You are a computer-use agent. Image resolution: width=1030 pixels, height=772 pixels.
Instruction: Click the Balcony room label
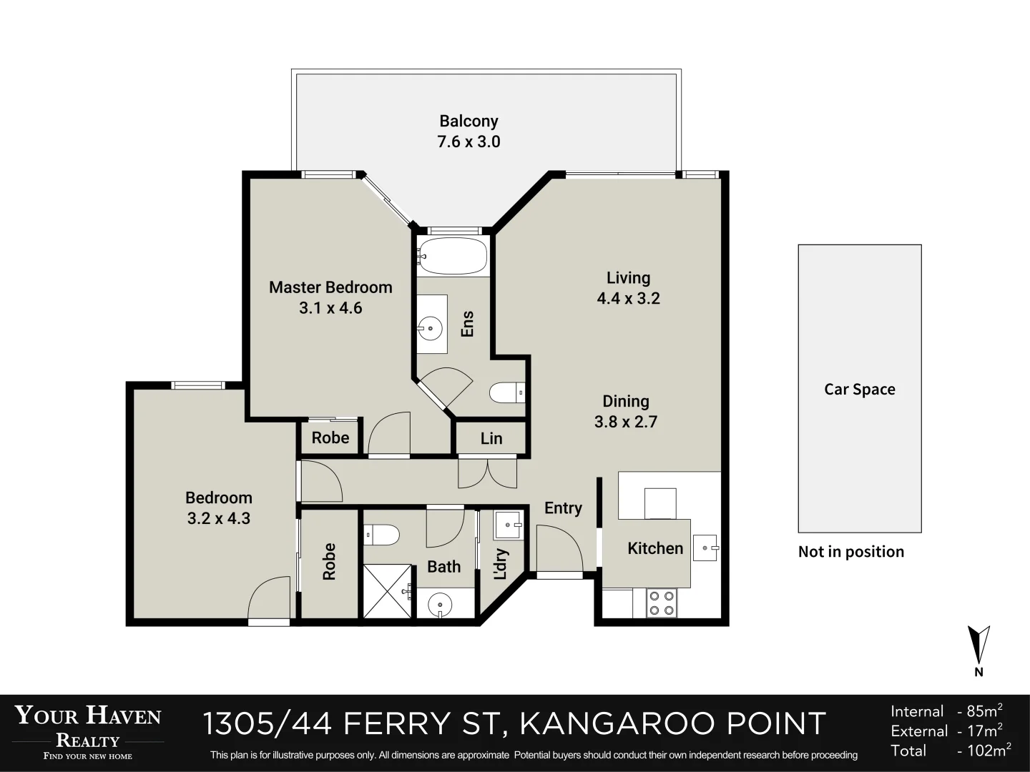(469, 122)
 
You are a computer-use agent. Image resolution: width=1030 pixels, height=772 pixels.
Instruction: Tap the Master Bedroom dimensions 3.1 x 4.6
(331, 308)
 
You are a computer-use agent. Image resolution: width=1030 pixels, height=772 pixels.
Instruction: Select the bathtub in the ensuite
(452, 257)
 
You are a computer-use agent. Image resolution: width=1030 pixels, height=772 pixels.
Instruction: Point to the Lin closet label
(491, 438)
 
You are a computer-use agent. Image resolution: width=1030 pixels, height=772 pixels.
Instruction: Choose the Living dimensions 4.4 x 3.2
(628, 298)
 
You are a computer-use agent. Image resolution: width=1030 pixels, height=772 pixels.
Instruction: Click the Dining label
(625, 401)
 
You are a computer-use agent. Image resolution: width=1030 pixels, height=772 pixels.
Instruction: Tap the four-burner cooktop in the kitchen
(662, 603)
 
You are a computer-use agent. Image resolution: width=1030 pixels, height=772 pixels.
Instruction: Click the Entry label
(563, 508)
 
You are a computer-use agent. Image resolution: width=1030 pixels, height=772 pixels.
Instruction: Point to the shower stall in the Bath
(388, 591)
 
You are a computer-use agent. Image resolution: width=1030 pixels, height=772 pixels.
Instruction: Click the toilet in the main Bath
(381, 535)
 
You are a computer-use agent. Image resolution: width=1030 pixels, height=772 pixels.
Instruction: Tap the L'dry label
(501, 564)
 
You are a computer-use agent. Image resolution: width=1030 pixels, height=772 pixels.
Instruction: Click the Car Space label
(860, 389)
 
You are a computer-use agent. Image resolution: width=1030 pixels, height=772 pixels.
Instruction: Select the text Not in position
(850, 552)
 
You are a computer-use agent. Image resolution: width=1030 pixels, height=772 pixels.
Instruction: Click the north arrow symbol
(978, 646)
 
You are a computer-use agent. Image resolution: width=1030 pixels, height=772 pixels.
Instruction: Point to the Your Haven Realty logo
(88, 732)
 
